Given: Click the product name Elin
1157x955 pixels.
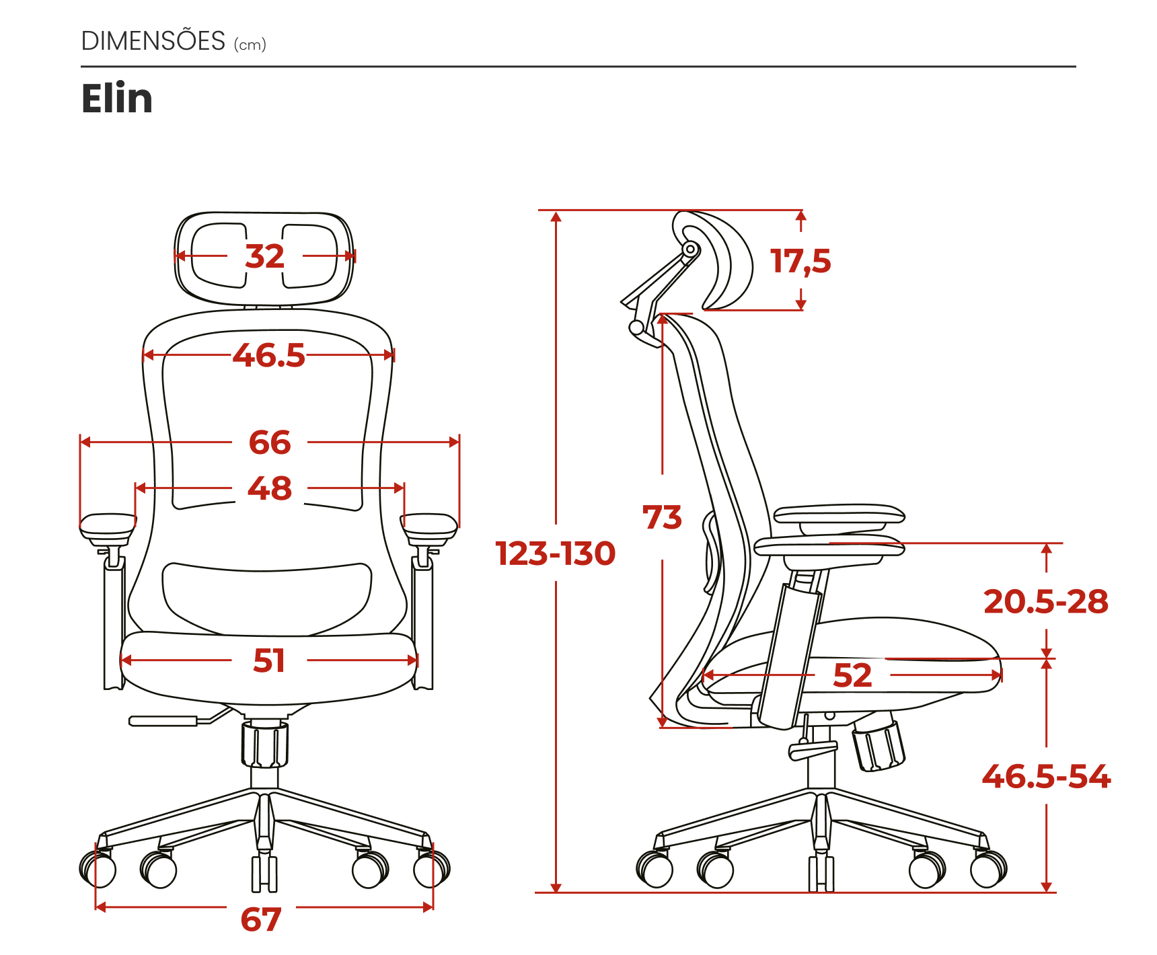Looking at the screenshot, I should pos(117,99).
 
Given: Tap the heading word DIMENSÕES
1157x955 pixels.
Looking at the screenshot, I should pos(153,41).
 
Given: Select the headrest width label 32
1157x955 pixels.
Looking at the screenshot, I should pos(265,256).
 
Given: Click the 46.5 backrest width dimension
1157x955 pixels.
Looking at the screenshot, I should pos(269,355).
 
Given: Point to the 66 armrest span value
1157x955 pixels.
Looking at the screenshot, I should pos(270,443).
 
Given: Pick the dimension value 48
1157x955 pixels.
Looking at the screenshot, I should pos(270,488).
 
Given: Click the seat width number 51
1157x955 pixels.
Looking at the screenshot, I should pos(269,660).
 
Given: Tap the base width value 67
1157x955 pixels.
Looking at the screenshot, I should pos(261,919).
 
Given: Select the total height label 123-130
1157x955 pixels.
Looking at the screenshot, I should pos(556,553).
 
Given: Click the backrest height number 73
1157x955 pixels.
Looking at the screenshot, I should pos(663,517).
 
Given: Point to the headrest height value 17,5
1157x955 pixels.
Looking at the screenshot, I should pos(800,261).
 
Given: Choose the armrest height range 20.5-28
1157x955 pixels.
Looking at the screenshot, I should pos(1046,601).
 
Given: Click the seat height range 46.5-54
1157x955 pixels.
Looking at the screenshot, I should pos(1046,776).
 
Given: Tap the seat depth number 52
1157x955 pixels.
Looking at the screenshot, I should pos(852,675).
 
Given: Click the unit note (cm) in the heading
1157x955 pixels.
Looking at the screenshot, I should pos(250,45).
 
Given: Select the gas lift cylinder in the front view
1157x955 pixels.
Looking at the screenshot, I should pos(265,744).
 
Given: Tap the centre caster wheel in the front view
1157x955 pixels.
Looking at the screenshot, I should pos(264,873).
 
